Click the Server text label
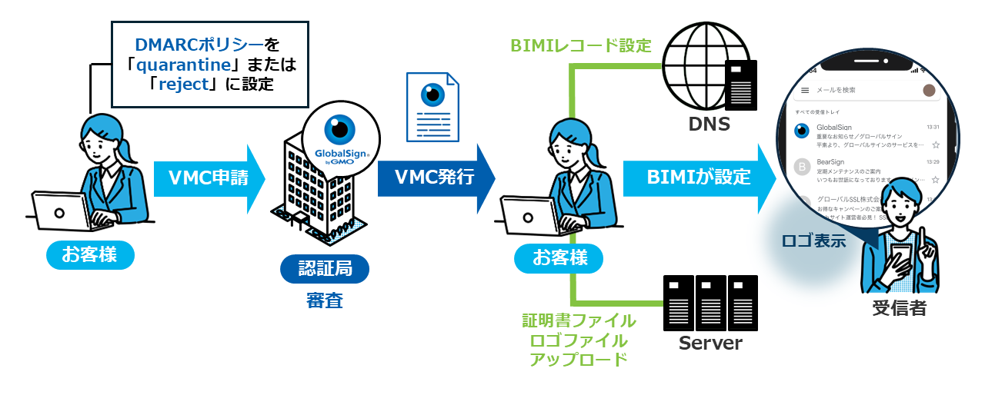[x=710, y=343]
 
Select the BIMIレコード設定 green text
[x=581, y=45]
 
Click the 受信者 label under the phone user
[x=899, y=308]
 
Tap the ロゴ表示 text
[x=813, y=240]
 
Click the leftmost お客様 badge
[x=90, y=254]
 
